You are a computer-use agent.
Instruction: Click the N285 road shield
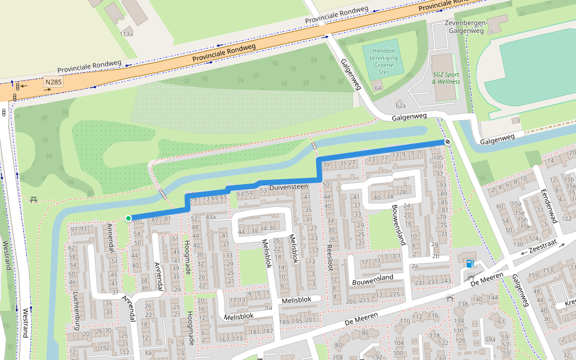(53, 81)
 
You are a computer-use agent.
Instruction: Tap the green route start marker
(128, 218)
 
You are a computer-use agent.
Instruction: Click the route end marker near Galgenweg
(448, 142)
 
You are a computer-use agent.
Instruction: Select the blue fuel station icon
(469, 263)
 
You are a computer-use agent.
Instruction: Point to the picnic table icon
(34, 199)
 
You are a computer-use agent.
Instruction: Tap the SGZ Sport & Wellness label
(446, 78)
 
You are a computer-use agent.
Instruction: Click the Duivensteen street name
(288, 187)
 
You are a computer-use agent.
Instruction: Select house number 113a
(126, 34)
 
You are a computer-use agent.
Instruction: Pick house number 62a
(400, 105)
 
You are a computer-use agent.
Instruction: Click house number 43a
(210, 217)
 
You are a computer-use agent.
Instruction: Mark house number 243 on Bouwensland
(445, 281)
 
